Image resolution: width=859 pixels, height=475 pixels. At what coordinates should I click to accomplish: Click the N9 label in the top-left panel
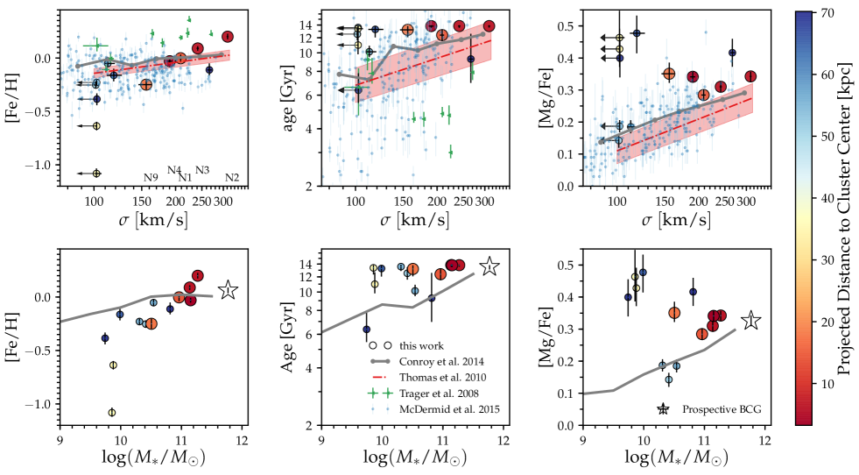tap(151, 179)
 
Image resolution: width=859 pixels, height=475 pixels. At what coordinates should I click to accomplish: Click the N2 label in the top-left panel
tap(232, 179)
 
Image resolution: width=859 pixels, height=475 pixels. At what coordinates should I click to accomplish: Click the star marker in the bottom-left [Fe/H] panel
tap(228, 290)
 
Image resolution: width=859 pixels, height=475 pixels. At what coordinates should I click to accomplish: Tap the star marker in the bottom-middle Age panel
tap(489, 267)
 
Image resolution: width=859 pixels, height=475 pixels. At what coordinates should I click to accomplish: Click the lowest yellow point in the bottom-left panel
tap(111, 413)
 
